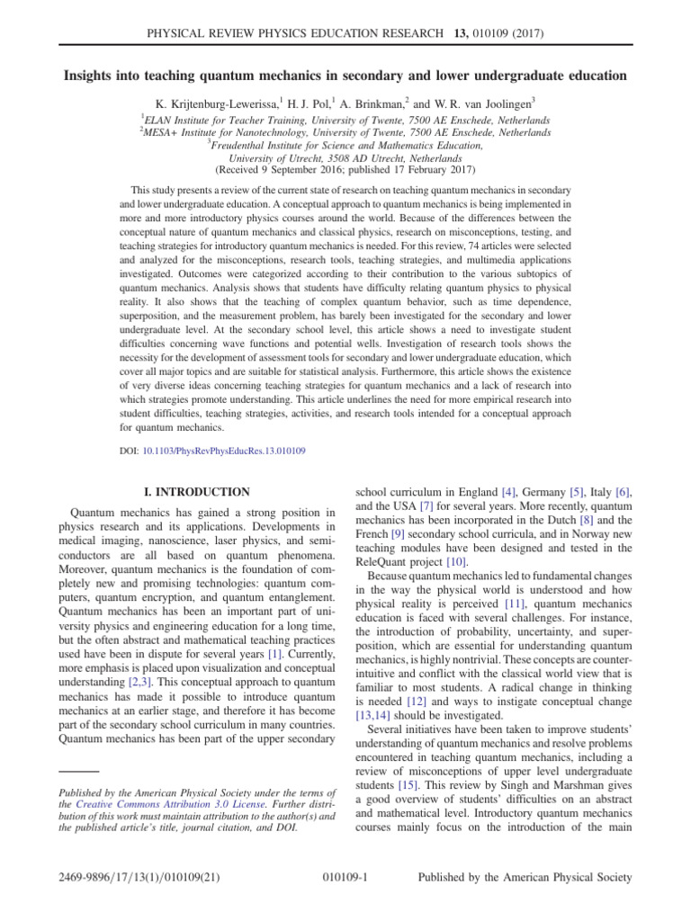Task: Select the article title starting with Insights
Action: [345, 75]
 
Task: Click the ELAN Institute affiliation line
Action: [345, 120]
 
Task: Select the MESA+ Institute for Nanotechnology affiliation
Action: [345, 132]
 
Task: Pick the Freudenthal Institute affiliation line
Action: [345, 145]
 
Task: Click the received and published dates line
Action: [345, 169]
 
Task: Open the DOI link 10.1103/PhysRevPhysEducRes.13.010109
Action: [224, 450]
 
